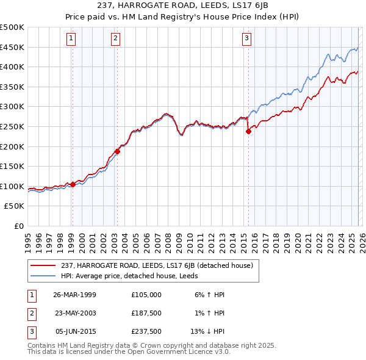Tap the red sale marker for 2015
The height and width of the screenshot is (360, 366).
248,131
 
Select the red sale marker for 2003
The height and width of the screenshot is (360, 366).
117,151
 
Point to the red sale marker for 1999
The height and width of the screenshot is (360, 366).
73,184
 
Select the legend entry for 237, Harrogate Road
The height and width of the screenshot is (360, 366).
152,265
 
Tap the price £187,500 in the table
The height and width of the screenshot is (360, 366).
146,313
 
